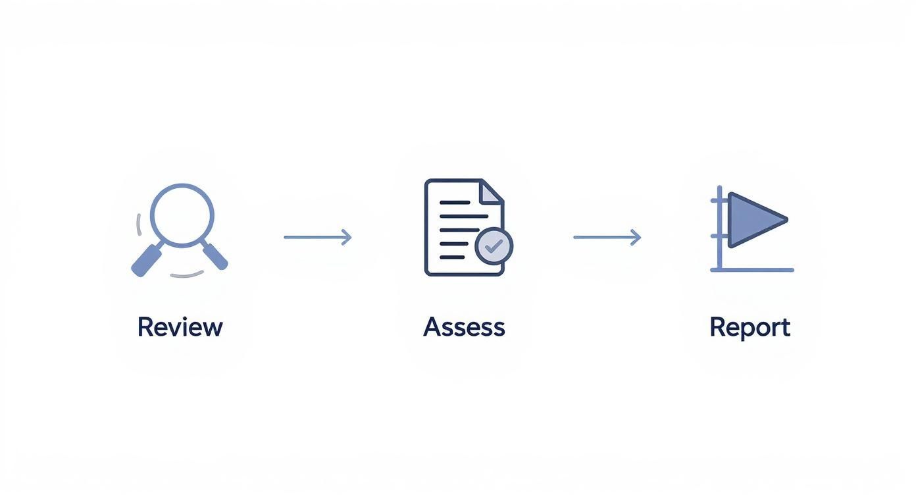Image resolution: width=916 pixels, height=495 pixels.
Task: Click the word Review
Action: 180,327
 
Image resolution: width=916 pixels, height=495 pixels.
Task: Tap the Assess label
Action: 464,327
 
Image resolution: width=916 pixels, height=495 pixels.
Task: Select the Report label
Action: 750,327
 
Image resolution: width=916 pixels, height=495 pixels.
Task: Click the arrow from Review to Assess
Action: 317,237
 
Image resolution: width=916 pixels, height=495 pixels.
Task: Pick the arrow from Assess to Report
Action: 607,237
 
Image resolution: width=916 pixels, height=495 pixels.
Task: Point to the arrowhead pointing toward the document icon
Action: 347,237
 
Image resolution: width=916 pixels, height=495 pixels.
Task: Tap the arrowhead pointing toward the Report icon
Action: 636,237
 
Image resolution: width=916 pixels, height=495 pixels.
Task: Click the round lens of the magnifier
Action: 182,215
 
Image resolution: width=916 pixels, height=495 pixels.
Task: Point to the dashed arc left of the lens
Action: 139,224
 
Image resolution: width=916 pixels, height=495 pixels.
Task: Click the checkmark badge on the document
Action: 494,246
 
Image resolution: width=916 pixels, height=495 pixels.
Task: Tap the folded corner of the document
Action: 491,192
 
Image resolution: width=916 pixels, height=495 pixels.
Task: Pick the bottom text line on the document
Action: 452,255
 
